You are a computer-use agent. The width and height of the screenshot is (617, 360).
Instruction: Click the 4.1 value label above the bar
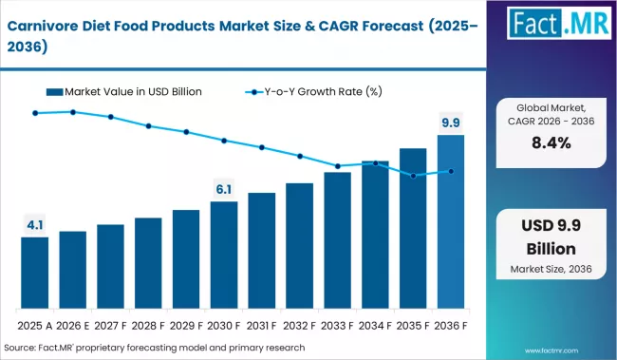pos(35,225)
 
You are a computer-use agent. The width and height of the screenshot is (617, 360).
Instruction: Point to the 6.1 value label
pos(224,189)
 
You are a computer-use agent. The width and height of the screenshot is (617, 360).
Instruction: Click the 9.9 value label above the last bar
pos(451,122)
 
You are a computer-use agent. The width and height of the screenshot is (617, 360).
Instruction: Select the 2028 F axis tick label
pos(148,324)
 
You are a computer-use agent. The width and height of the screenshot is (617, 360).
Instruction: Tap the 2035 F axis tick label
pos(413,324)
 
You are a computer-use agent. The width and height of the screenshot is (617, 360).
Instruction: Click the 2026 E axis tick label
pos(73,324)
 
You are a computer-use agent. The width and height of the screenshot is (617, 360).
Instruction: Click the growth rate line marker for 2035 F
pos(413,176)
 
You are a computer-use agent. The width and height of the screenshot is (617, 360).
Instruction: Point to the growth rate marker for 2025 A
pos(35,113)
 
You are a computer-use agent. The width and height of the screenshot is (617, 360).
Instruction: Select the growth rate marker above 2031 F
pos(262,147)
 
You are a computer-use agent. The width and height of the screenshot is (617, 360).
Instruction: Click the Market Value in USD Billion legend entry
pos(128,91)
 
